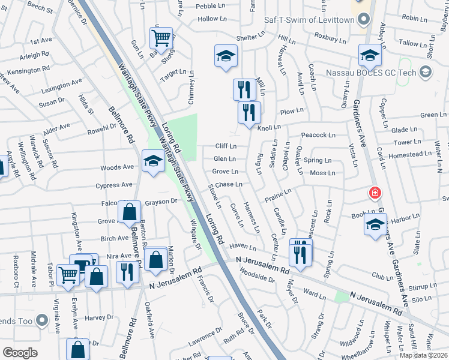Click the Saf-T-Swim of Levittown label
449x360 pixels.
pos(310,20)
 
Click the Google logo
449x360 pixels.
pos(20,353)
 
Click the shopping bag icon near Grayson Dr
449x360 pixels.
pos(129,211)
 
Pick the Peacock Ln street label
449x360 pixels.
pos(318,135)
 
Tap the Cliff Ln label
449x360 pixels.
pos(225,146)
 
